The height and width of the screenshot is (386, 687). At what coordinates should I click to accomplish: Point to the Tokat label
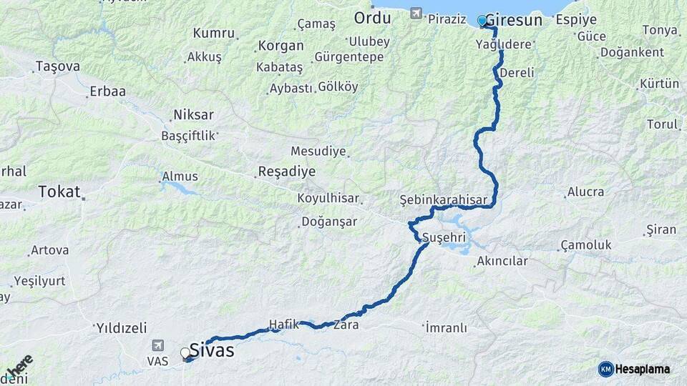pos(59,191)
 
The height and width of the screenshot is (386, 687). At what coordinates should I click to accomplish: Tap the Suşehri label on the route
pos(444,236)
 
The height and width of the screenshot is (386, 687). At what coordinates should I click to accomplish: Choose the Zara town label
pos(350,325)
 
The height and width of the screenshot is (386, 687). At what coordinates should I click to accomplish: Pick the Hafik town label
pos(283,324)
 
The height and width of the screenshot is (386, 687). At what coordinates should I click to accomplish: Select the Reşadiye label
pos(286,172)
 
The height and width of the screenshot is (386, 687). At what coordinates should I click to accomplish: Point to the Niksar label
pos(193,115)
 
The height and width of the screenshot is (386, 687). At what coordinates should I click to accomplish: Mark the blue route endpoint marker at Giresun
pos(482,21)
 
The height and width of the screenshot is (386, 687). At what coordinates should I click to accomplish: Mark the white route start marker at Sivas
pos(185,352)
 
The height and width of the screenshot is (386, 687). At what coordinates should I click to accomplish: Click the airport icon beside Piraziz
pos(417,14)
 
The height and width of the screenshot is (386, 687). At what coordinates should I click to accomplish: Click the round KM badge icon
pos(605,369)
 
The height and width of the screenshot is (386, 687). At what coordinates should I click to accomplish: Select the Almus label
pos(180,177)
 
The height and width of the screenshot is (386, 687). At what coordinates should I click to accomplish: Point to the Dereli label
pos(517,73)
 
